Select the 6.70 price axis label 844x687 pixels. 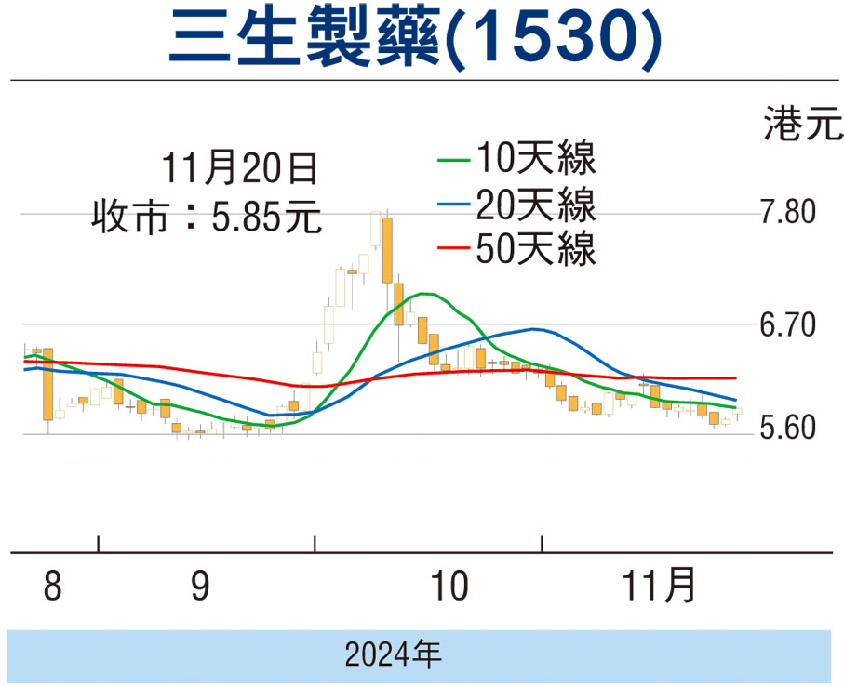pos(786,325)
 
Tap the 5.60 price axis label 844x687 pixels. pos(786,430)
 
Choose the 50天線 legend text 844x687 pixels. pos(534,248)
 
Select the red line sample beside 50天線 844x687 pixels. pos(453,248)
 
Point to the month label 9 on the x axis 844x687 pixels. pos(200,588)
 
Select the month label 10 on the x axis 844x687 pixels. pos(449,588)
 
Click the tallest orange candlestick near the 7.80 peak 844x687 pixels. pos(386,249)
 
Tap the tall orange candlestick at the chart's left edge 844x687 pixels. pos(47,383)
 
